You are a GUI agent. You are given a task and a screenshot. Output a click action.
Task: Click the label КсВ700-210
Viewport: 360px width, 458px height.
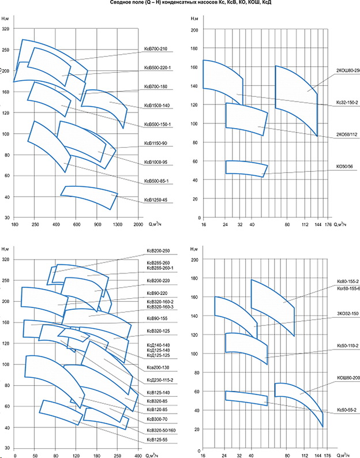(x=156, y=48)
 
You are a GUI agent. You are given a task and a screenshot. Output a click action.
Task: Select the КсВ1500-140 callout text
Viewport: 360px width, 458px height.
(x=156, y=106)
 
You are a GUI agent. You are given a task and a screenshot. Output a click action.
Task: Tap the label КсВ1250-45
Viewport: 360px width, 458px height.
(x=156, y=201)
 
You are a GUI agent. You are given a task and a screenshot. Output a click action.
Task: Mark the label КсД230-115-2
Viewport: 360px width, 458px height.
(x=158, y=380)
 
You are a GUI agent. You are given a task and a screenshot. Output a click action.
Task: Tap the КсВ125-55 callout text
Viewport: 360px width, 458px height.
(x=156, y=438)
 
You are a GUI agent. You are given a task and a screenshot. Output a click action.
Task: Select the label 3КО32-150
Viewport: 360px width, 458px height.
(x=347, y=313)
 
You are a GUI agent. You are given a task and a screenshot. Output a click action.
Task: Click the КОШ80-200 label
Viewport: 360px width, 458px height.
(x=347, y=377)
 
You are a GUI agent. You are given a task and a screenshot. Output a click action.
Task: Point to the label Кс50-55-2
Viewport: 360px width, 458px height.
(x=347, y=410)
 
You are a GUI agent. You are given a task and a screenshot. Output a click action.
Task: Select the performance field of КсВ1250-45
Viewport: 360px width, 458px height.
(x=89, y=196)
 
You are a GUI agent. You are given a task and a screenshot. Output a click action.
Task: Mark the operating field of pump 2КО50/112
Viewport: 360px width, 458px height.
(x=245, y=118)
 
